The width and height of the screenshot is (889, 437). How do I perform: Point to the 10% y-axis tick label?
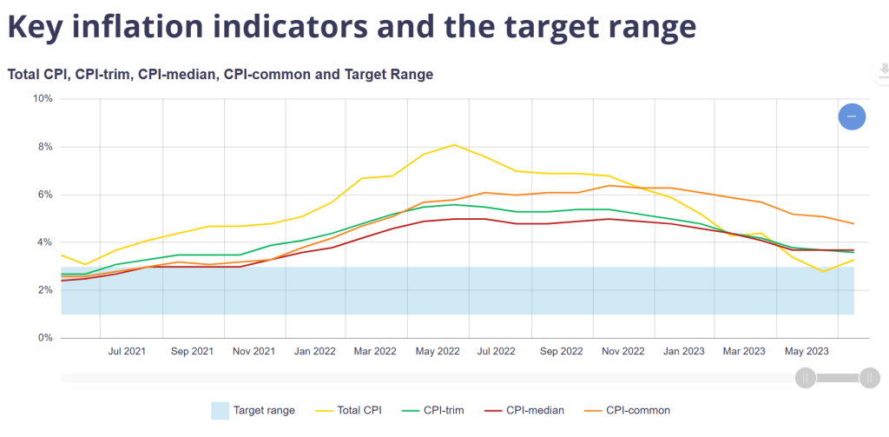pyautogui.click(x=43, y=99)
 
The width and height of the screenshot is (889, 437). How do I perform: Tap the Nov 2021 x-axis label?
pyautogui.click(x=253, y=352)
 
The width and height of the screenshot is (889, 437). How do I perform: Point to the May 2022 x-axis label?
pyautogui.click(x=437, y=352)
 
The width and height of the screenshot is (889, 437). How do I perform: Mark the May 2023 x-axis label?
pyautogui.click(x=806, y=352)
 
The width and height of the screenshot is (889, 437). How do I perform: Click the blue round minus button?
pyautogui.click(x=852, y=116)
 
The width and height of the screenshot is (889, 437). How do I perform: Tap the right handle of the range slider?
pyautogui.click(x=869, y=377)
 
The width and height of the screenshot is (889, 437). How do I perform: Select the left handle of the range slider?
pyautogui.click(x=806, y=377)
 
